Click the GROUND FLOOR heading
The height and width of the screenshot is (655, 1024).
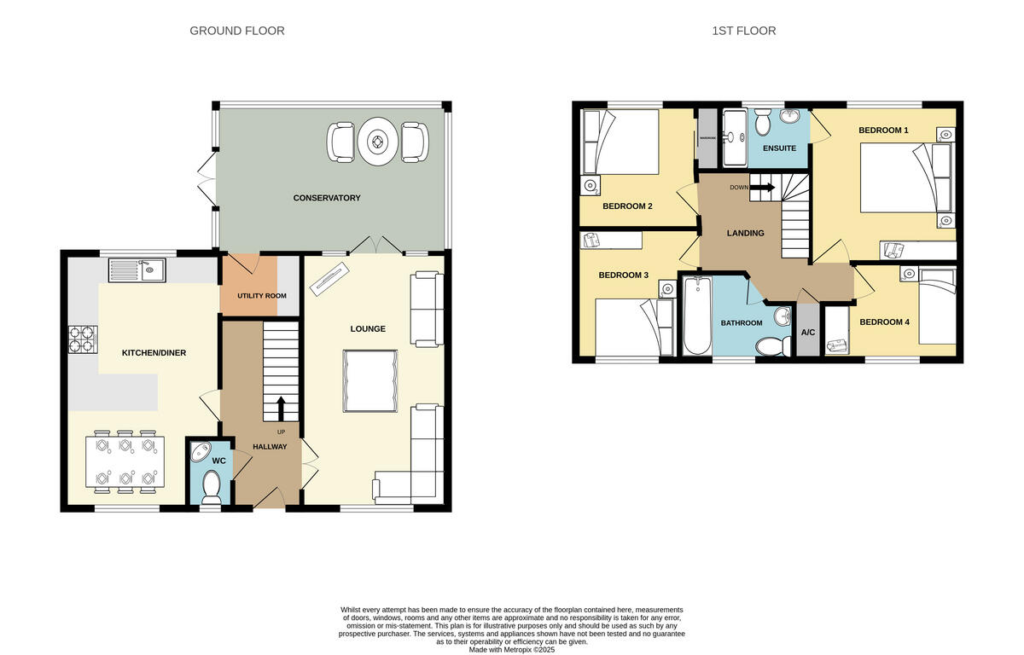(236, 31)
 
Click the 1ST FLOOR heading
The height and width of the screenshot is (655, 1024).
(743, 31)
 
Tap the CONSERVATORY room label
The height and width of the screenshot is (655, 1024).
(327, 198)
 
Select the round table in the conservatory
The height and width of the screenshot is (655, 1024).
(377, 143)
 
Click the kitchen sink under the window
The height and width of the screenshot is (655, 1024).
(137, 271)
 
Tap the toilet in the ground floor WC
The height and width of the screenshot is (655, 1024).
(210, 488)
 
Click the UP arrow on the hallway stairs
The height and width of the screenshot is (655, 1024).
(281, 409)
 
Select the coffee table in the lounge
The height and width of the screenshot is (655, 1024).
(370, 381)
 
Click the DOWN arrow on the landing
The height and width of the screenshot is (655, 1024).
(761, 188)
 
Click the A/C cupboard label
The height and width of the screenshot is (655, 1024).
(807, 332)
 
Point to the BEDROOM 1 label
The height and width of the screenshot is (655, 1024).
(883, 130)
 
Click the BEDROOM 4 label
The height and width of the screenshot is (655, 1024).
(884, 322)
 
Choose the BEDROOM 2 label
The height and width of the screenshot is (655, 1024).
(627, 206)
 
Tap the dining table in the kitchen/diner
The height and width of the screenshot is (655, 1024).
(125, 461)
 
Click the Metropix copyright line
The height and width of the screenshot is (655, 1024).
(512, 649)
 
